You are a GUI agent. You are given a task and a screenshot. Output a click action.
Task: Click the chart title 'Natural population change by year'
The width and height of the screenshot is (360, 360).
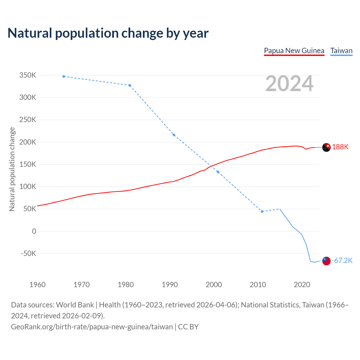click(108, 33)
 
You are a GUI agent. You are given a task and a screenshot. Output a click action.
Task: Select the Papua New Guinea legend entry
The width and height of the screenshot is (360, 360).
click(294, 51)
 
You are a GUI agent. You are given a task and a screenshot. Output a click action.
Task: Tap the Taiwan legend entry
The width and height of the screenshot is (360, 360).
click(341, 51)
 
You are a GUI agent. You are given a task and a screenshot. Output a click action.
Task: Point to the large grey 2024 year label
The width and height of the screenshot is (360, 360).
click(289, 84)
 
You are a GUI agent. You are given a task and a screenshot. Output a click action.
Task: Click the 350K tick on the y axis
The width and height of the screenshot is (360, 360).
click(28, 75)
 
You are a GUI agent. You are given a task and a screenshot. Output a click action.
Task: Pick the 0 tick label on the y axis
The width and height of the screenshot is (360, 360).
click(34, 231)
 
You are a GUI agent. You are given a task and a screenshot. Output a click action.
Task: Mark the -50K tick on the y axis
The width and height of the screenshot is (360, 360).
click(29, 253)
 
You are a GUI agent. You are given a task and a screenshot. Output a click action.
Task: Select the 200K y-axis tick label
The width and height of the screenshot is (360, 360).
click(28, 142)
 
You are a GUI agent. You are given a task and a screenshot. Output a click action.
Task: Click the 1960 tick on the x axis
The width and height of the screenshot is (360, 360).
click(37, 285)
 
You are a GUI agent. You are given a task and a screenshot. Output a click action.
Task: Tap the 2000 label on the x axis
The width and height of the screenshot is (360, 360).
click(214, 285)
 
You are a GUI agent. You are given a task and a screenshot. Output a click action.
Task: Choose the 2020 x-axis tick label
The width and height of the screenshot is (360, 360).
click(302, 285)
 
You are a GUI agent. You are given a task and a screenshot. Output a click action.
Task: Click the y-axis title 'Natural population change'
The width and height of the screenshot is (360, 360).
click(12, 169)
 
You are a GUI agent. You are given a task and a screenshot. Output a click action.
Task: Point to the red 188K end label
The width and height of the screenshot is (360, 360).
click(340, 147)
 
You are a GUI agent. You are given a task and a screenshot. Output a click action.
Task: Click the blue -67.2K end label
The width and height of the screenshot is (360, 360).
click(342, 260)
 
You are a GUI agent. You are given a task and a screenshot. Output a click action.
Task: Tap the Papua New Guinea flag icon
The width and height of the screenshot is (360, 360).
click(326, 147)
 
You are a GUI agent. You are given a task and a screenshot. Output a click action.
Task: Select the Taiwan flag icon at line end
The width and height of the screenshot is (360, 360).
click(326, 261)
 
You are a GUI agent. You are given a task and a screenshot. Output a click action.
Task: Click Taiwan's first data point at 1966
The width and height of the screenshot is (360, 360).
click(64, 76)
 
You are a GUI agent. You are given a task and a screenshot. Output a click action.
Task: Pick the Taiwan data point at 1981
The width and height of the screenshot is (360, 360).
click(130, 85)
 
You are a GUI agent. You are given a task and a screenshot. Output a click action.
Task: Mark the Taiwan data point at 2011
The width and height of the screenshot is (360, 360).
click(262, 211)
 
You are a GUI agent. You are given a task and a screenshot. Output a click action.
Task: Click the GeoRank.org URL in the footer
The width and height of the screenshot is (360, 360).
click(92, 327)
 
